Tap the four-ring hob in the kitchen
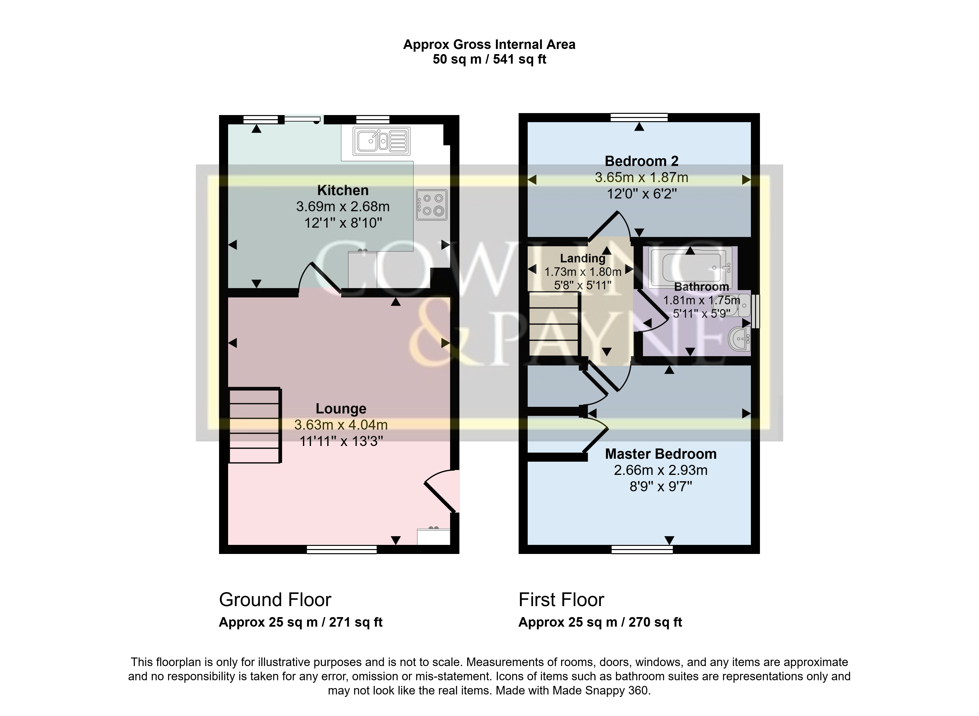[432, 205]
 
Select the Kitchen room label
[343, 190]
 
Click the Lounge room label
[341, 409]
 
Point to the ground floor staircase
[255, 426]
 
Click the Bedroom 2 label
[641, 161]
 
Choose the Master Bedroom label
[661, 454]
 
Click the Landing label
[583, 258]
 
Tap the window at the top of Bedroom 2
[639, 117]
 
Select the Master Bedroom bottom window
[642, 550]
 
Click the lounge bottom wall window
[341, 550]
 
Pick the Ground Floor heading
[275, 600]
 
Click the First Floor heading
[561, 600]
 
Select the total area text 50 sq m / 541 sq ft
[489, 59]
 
